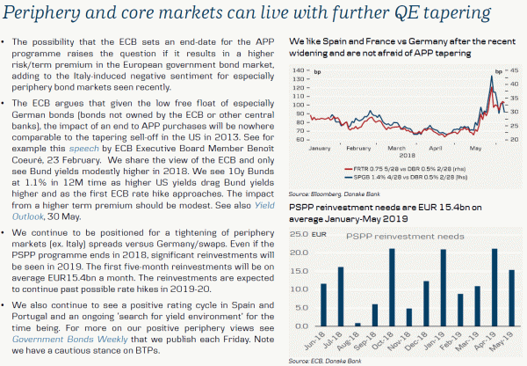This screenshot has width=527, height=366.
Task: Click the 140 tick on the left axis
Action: click(300, 70)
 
